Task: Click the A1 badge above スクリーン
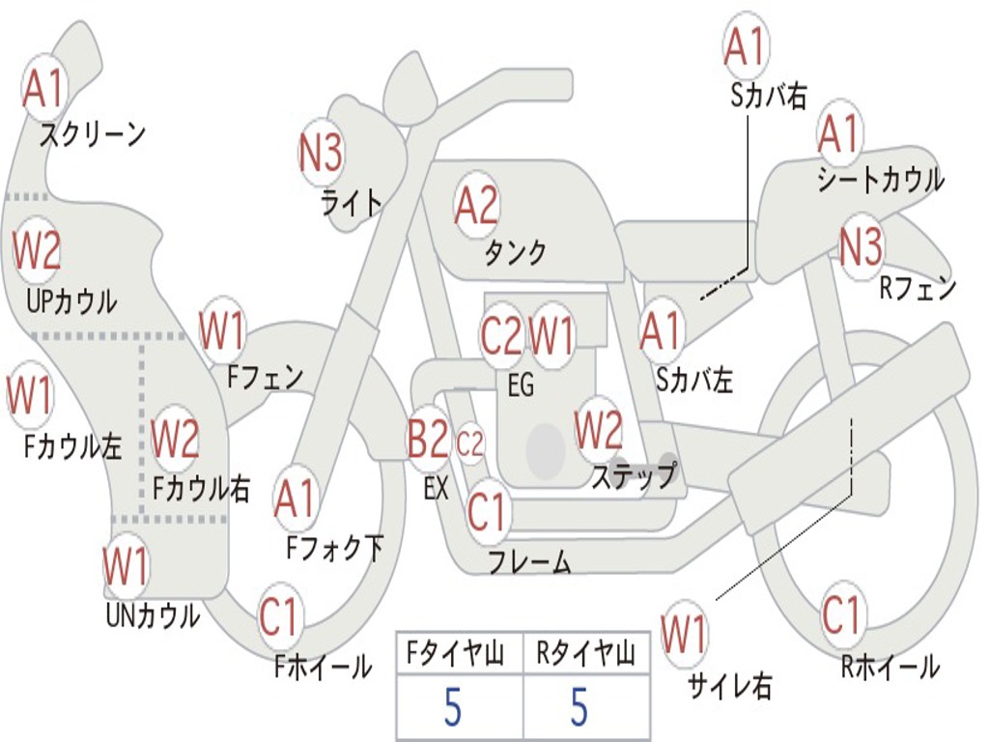click(44, 89)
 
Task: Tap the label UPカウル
click(71, 301)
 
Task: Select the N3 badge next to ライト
click(321, 154)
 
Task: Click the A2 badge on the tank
click(476, 207)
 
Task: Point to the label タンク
click(516, 252)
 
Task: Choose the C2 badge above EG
click(501, 335)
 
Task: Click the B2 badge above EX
click(428, 439)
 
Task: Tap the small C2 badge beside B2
click(470, 443)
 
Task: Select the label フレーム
click(530, 561)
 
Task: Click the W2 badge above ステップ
click(598, 430)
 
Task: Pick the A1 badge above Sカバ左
click(661, 332)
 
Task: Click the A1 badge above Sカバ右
click(746, 46)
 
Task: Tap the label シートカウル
click(881, 179)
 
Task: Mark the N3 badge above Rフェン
click(862, 246)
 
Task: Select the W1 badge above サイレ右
click(684, 634)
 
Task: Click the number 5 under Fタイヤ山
click(453, 706)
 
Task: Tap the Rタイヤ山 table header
click(586, 653)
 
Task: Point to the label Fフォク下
click(335, 548)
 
